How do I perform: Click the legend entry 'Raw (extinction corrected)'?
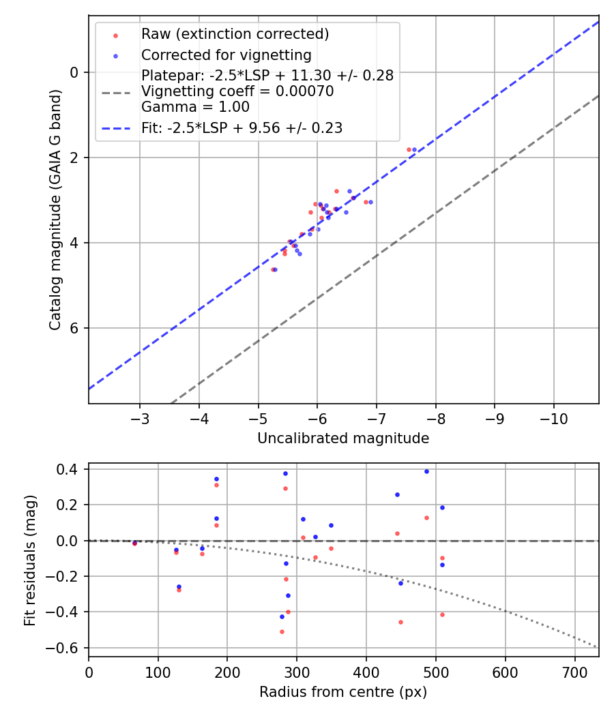235,34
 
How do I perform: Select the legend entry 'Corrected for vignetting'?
226,55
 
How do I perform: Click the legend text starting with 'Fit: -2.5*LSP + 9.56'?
242,128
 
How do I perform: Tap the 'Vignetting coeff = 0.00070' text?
237,91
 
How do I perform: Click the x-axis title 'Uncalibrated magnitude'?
343,438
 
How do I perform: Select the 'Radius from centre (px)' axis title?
343,692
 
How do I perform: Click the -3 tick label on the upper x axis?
140,415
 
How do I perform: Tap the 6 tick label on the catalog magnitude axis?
75,328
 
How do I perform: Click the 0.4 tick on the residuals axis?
70,469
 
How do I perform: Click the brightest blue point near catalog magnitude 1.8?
414,149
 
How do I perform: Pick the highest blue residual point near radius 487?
426,471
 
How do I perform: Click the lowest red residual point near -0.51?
282,631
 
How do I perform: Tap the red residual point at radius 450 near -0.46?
400,622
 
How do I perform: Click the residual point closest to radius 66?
134,543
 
